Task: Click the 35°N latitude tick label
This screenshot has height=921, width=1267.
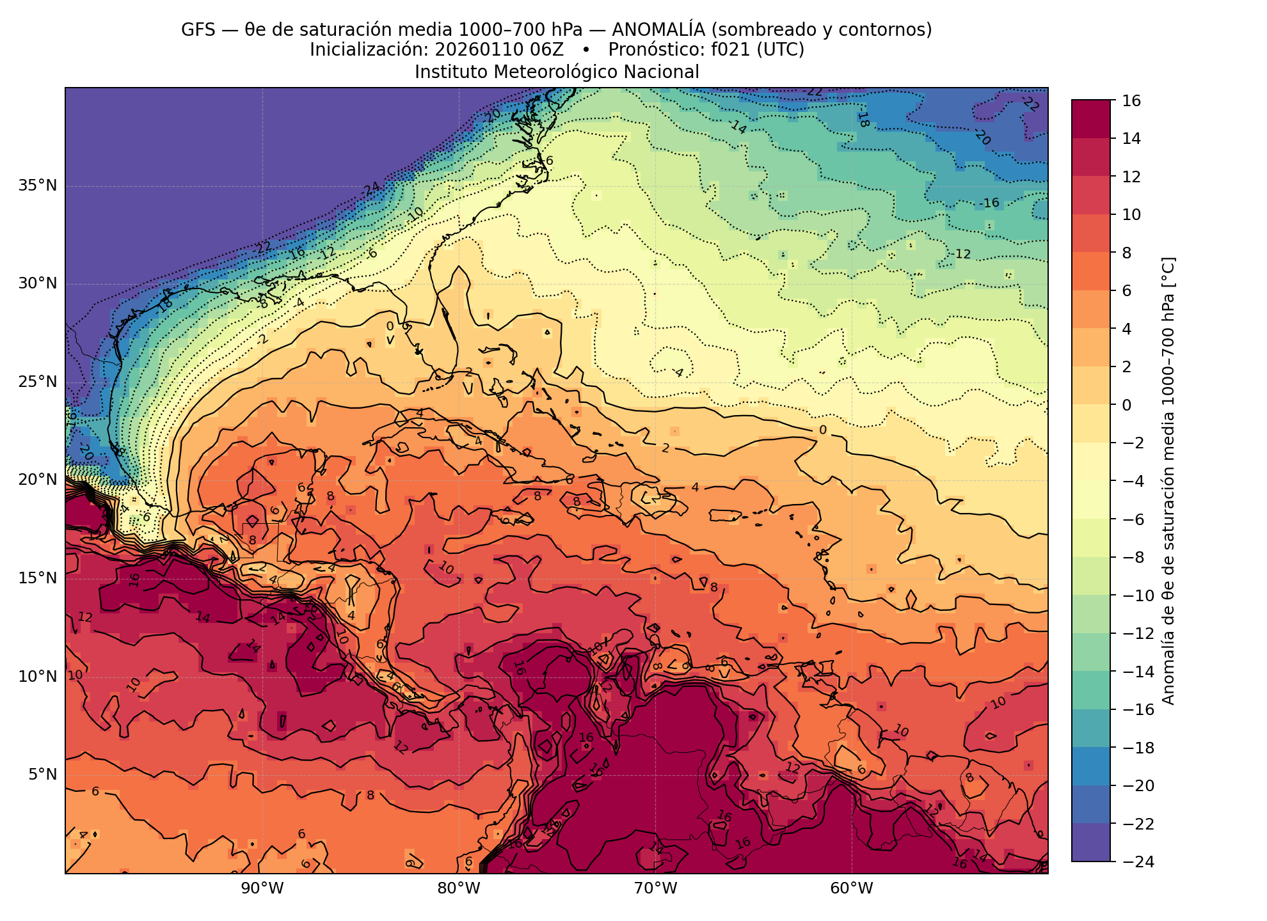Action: click(x=37, y=186)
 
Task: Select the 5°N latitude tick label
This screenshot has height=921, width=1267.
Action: click(x=42, y=775)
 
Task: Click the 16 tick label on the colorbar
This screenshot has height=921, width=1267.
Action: click(x=1131, y=101)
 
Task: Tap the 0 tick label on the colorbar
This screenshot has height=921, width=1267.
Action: click(x=1127, y=405)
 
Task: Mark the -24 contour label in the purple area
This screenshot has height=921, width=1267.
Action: click(x=369, y=189)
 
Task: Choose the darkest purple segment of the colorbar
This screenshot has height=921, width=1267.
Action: click(x=1091, y=843)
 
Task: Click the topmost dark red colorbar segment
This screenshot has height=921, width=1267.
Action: click(x=1091, y=119)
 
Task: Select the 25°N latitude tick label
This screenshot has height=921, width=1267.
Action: click(x=37, y=382)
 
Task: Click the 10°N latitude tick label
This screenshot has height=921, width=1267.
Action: click(x=37, y=677)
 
